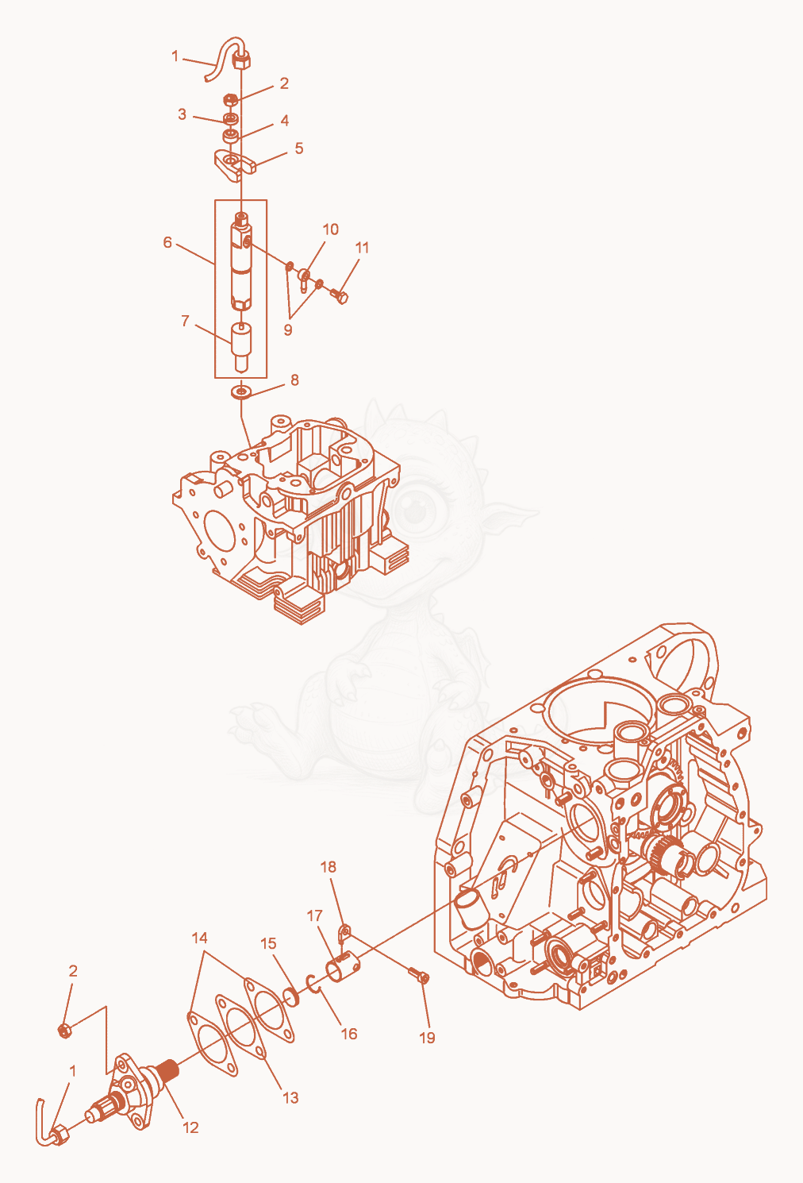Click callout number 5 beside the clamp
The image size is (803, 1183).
[x=299, y=148]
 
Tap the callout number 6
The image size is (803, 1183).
[x=167, y=242]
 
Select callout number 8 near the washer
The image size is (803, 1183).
[x=294, y=380]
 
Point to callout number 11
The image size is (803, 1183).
[x=362, y=247]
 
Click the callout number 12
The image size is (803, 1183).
[x=190, y=1127]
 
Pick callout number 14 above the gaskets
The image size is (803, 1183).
[x=200, y=938]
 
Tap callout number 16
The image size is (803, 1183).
[x=349, y=1034]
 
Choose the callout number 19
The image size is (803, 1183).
[x=427, y=1038]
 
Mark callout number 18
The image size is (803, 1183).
[x=328, y=867]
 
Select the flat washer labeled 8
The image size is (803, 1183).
[x=240, y=392]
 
